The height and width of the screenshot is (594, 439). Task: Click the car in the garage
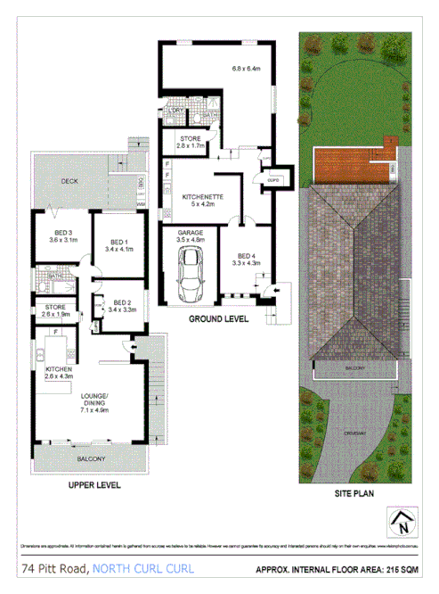pos(190,273)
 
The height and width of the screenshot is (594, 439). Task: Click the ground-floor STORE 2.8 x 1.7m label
pos(191,141)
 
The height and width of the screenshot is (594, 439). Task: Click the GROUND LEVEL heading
pos(219,318)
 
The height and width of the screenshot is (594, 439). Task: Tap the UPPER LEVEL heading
pos(94,487)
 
